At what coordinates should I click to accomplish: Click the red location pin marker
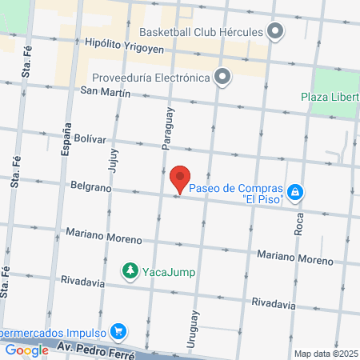(180, 178)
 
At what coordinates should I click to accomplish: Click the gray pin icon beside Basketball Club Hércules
(276, 33)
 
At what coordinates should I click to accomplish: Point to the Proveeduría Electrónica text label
(150, 78)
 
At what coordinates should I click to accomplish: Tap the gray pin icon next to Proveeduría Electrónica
(222, 78)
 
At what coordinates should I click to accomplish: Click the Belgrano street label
(88, 184)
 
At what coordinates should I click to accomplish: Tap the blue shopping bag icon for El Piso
(296, 192)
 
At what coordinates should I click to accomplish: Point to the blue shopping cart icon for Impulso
(118, 330)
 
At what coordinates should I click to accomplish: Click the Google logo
(26, 350)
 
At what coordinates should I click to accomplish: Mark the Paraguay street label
(166, 128)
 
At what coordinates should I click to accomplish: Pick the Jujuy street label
(111, 154)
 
